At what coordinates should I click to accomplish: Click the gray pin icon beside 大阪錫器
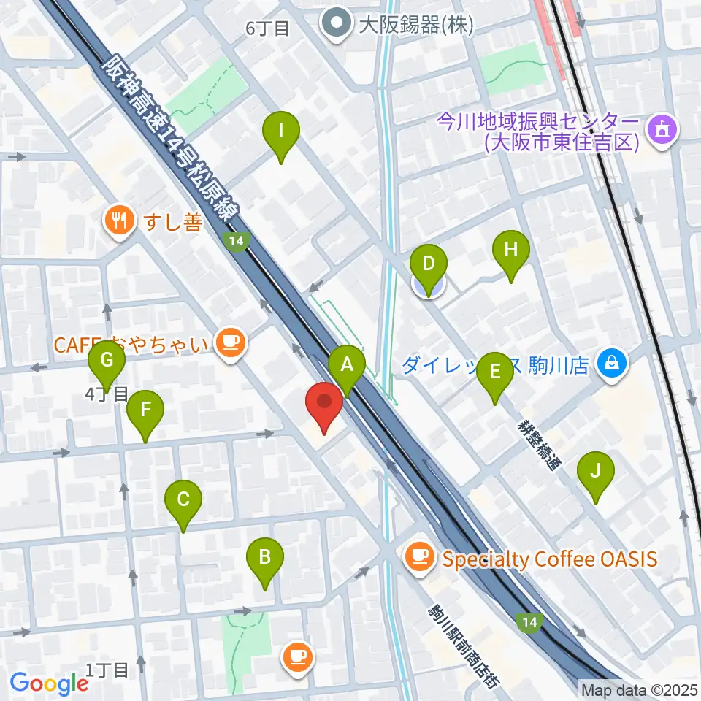pos(337,25)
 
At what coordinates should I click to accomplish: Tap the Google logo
pos(50,683)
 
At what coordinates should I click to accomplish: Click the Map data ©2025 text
pos(640,689)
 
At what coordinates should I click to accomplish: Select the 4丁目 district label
pos(107,395)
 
